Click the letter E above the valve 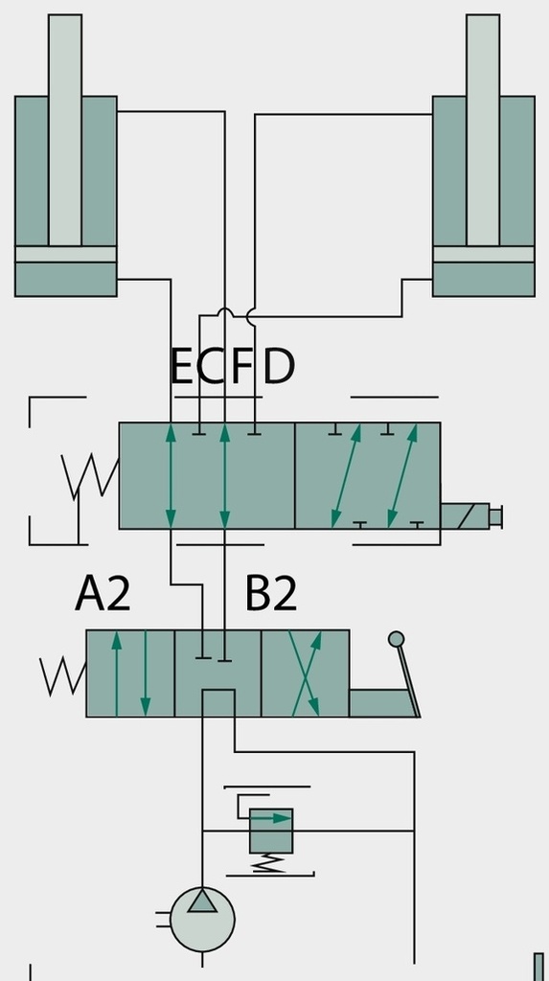[x=181, y=366]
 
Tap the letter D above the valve [x=279, y=366]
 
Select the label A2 [x=103, y=594]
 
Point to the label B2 [x=270, y=594]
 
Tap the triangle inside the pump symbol [x=202, y=902]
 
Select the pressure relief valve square [x=271, y=831]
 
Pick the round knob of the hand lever [x=397, y=639]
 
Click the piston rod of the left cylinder [x=65, y=130]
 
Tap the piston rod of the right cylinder [x=483, y=130]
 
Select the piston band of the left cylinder [x=66, y=254]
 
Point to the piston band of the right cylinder [x=483, y=254]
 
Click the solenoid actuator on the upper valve [x=465, y=516]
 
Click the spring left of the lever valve [x=63, y=676]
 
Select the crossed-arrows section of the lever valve [x=305, y=673]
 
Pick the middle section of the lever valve [x=217, y=673]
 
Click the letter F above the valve [x=241, y=366]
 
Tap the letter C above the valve [x=213, y=366]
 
